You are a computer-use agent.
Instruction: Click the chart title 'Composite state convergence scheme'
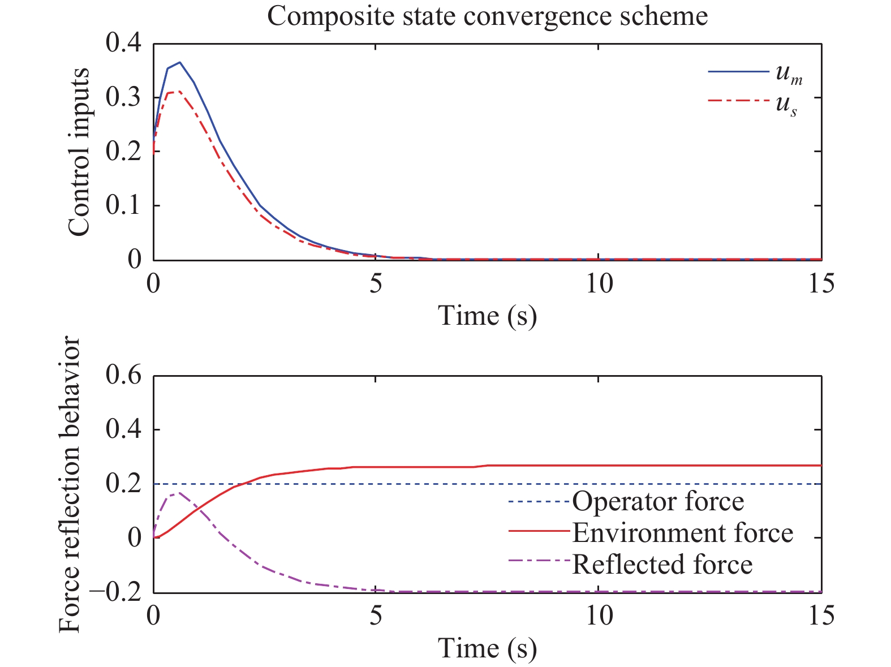[x=487, y=16]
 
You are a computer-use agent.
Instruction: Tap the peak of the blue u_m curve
[x=179, y=62]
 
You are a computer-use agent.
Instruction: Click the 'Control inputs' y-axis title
[x=79, y=152]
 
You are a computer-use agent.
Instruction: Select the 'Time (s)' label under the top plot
[x=487, y=315]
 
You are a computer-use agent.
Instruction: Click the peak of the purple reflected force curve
[x=179, y=493]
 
